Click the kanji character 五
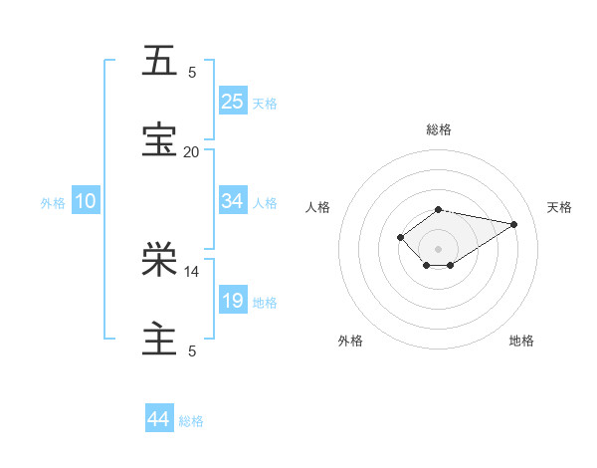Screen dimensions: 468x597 [159, 61]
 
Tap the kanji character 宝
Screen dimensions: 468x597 [159, 140]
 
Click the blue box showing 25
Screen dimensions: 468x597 [233, 101]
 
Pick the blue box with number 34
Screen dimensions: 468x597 [233, 201]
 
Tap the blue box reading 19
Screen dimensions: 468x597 [233, 301]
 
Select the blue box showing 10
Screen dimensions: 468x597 [85, 201]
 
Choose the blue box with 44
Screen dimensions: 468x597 [159, 419]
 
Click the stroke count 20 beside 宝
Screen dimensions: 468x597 [191, 151]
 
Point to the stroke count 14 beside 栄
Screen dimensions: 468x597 [191, 271]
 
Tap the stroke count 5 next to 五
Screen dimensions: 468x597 [192, 72]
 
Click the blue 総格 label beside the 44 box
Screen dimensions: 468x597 [191, 421]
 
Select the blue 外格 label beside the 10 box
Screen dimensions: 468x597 [53, 203]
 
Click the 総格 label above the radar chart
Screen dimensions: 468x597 [439, 129]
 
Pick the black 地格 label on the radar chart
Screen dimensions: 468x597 [521, 341]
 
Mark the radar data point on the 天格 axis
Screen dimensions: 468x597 [514, 223]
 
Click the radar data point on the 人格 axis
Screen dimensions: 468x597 [400, 236]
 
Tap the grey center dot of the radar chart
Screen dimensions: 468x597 [439, 248]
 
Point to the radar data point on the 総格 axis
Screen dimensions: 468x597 [439, 209]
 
